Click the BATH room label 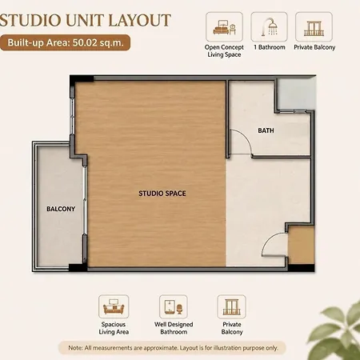tap(266, 130)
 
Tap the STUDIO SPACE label tap(162, 194)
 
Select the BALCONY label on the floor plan tap(61, 209)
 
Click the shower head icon tap(270, 26)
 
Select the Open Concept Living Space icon tap(224, 27)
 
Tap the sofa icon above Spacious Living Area tap(114, 307)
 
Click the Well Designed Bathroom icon tap(174, 307)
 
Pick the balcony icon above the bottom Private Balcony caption tap(231, 307)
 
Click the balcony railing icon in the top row tap(314, 28)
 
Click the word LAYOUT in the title tap(139, 20)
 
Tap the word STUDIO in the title tap(30, 20)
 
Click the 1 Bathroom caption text tap(270, 47)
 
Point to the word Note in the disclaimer tap(74, 348)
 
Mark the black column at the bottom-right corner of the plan tap(301, 267)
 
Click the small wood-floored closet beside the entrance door tap(301, 245)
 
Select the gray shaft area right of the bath tap(297, 94)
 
